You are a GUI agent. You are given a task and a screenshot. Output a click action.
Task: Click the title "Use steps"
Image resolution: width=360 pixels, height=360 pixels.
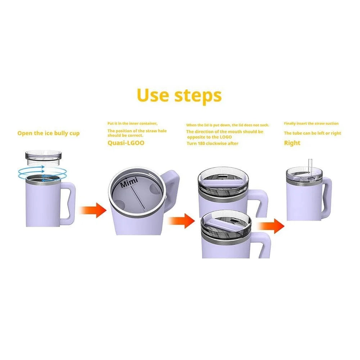pyautogui.click(x=179, y=95)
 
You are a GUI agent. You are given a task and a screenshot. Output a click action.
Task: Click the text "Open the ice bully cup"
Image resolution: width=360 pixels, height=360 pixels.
pyautogui.click(x=48, y=133)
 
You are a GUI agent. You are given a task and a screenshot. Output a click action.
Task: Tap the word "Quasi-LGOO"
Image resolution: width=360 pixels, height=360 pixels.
pyautogui.click(x=126, y=142)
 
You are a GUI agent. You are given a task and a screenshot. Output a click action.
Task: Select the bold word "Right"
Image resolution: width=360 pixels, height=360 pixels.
pyautogui.click(x=292, y=143)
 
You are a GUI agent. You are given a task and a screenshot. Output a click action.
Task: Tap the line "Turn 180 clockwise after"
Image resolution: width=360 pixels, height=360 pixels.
pyautogui.click(x=212, y=143)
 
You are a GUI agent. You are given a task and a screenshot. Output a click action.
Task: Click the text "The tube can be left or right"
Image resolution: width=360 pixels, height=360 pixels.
pyautogui.click(x=312, y=133)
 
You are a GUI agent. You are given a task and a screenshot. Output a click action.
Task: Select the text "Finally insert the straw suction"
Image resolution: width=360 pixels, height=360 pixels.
pyautogui.click(x=311, y=123)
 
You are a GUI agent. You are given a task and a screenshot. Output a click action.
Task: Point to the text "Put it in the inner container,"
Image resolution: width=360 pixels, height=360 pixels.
pyautogui.click(x=132, y=123)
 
